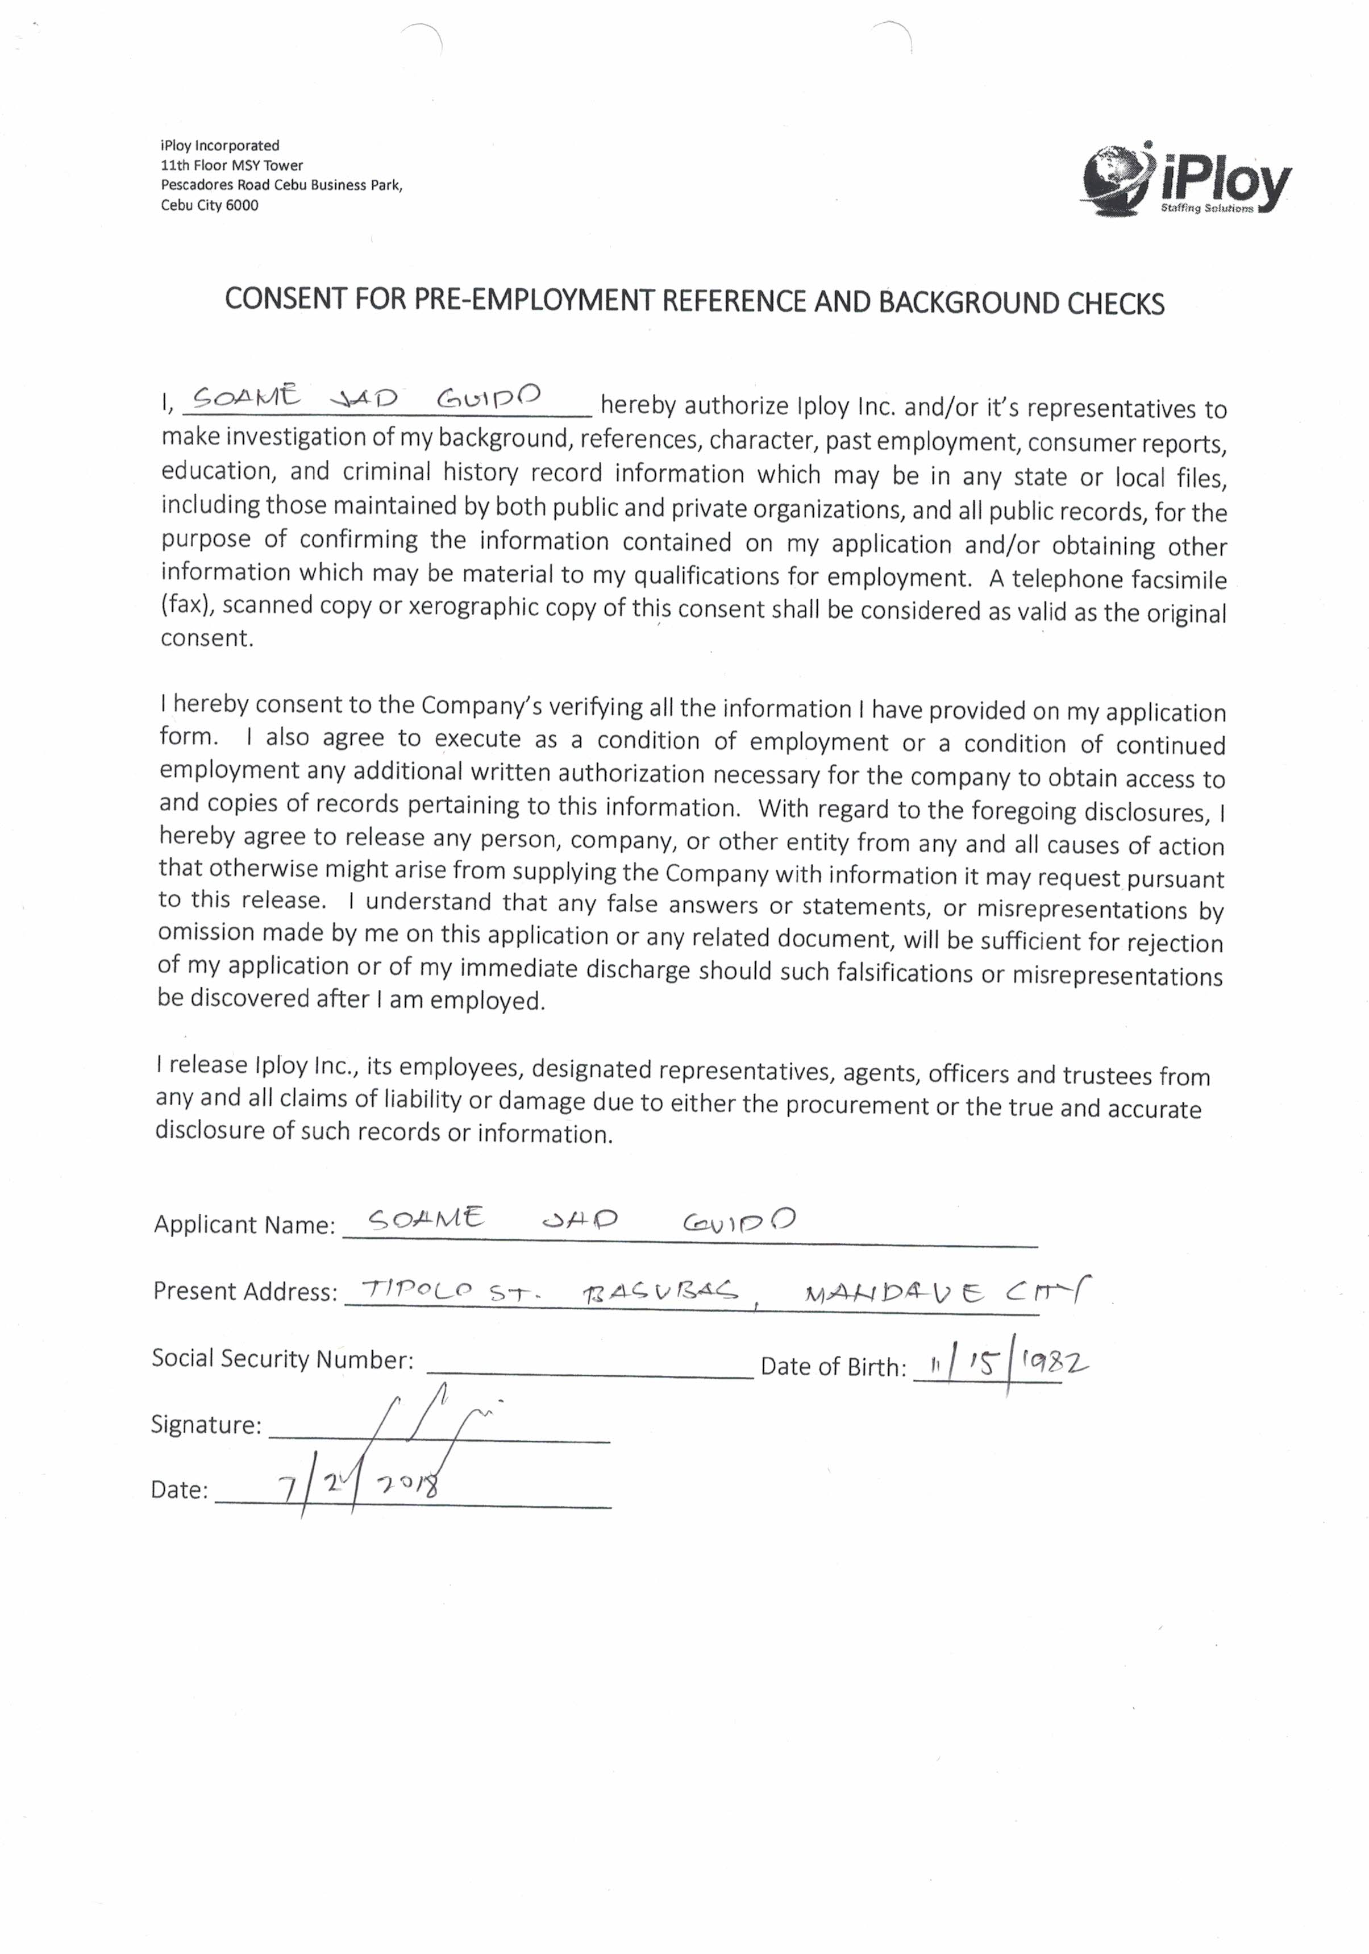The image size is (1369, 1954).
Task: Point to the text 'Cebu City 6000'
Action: click(x=209, y=205)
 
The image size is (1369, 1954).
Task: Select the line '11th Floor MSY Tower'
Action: click(x=231, y=165)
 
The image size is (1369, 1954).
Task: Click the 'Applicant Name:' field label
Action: click(x=245, y=1225)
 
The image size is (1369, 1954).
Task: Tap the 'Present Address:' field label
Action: click(x=245, y=1292)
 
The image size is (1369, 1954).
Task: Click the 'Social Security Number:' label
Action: click(x=282, y=1358)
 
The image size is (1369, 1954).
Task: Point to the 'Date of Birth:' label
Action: click(x=833, y=1367)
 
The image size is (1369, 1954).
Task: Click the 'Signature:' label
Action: click(x=206, y=1425)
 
